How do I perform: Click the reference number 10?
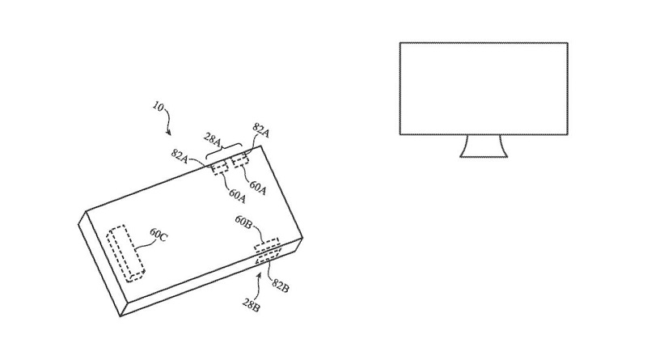[x=158, y=107]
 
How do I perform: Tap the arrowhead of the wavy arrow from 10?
[x=168, y=133]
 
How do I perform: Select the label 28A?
[x=213, y=139]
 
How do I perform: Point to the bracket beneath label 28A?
[x=224, y=150]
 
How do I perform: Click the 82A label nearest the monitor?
[x=260, y=130]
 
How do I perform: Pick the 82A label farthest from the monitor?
[x=180, y=156]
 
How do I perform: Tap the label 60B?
[x=244, y=222]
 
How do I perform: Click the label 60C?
[x=159, y=235]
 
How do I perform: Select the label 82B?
[x=280, y=285]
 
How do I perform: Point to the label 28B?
[x=251, y=305]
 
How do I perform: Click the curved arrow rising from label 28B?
[x=257, y=285]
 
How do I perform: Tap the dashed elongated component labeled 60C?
[x=125, y=253]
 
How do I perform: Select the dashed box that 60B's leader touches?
[x=267, y=245]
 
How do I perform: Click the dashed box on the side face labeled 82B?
[x=269, y=256]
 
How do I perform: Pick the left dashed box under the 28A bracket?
[x=219, y=167]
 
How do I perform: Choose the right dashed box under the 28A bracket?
[x=240, y=160]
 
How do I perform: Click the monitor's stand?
[x=484, y=146]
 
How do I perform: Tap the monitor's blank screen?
[x=484, y=88]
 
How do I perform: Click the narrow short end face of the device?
[x=103, y=265]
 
